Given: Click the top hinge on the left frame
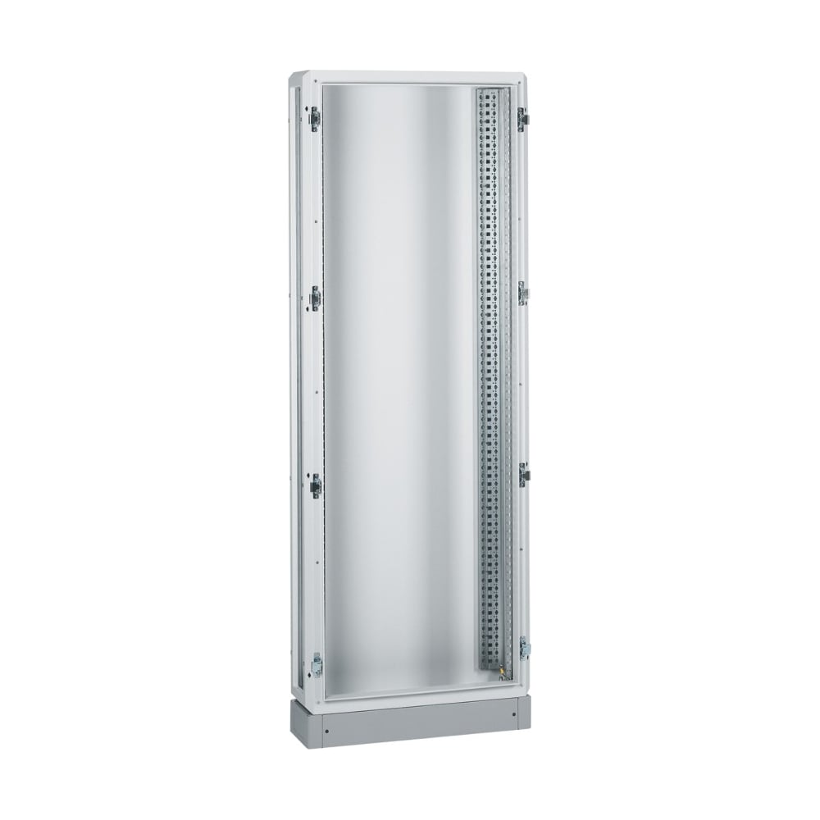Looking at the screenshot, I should pos(314,119).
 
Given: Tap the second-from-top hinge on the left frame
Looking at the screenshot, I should pos(316,299).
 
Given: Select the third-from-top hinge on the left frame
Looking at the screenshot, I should pos(316,485).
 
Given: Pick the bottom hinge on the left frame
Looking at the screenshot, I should pos(317,664).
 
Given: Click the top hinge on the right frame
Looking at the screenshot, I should pos(522,120).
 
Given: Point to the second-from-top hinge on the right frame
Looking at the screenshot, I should pos(523,292).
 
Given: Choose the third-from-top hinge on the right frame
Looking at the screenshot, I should pos(523,473).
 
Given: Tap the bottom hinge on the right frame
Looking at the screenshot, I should pos(524,648).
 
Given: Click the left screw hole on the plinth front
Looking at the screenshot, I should pos(326,727).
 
